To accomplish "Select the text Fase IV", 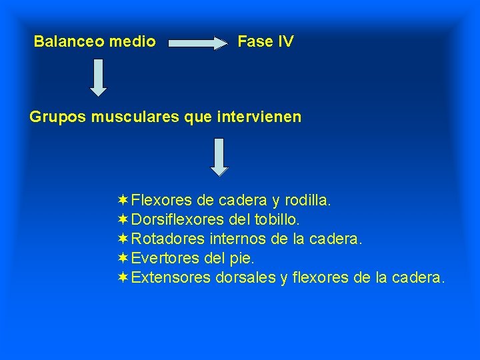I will point(265,41).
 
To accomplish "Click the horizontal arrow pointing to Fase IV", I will point(198,43).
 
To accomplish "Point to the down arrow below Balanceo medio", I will point(99,77).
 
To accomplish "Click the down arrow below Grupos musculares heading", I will point(219,157).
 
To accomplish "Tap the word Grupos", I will point(57,117).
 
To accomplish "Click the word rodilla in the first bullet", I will point(306,200).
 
